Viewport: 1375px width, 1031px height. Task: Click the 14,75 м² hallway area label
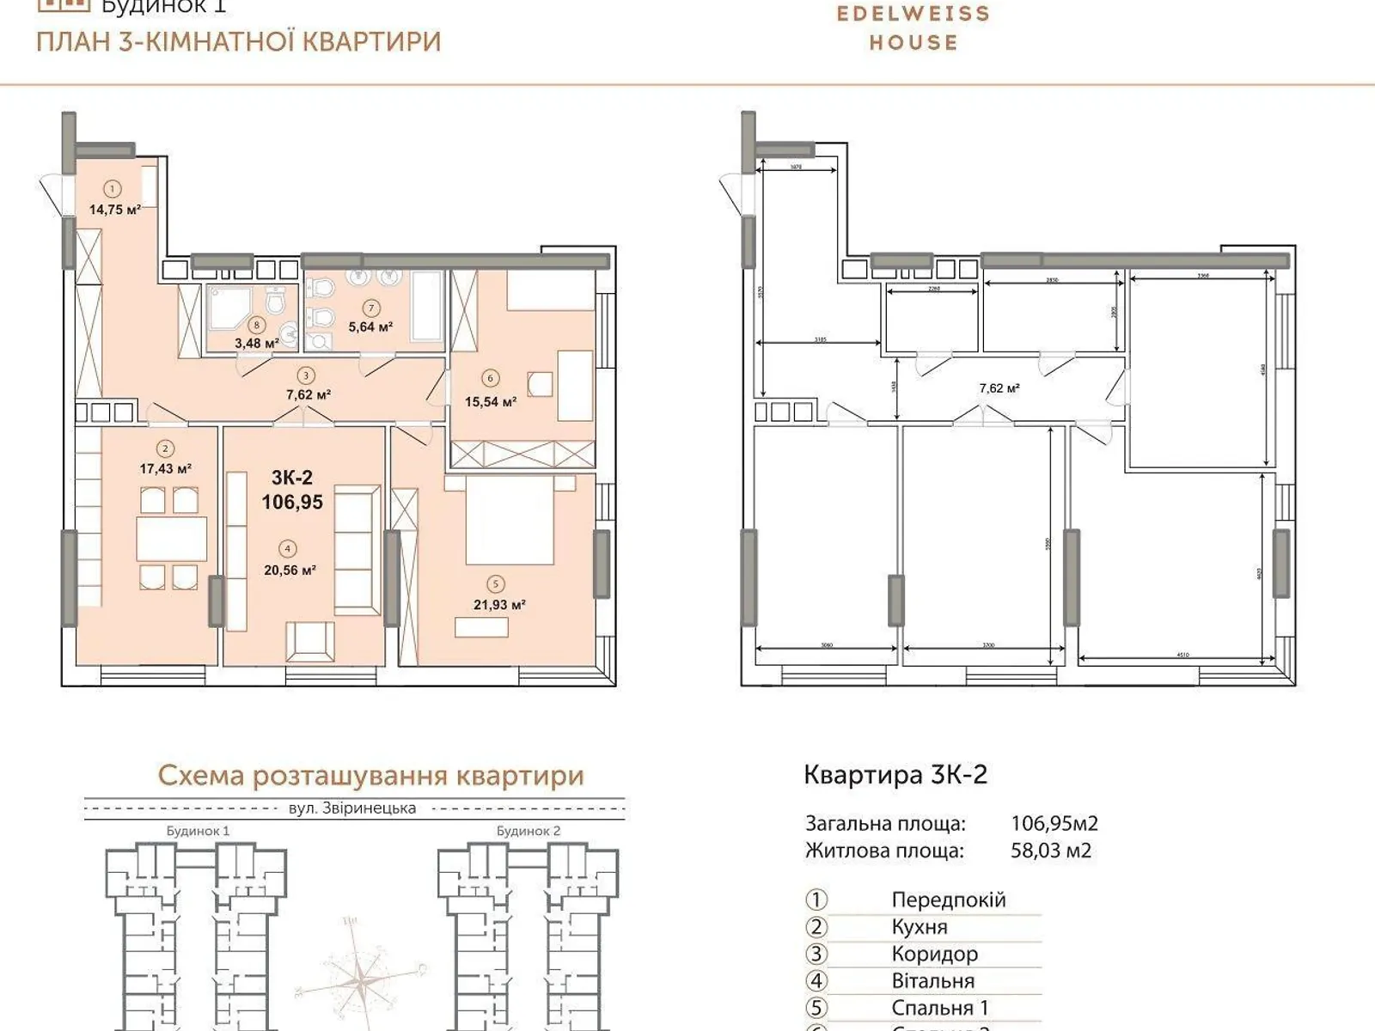coord(114,209)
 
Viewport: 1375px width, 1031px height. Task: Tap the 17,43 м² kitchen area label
coord(165,468)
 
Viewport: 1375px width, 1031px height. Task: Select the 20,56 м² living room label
coord(290,569)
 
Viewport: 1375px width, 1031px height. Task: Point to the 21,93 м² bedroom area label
coord(499,604)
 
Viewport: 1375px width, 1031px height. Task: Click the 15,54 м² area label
coord(490,401)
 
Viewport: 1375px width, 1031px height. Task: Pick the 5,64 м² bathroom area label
coord(370,326)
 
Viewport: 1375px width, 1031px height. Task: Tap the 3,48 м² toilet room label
coord(256,343)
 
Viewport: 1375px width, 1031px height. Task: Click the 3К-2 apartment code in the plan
coord(292,479)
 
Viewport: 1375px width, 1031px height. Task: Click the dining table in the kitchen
coord(171,539)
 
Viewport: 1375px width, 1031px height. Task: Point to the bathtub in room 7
coord(427,306)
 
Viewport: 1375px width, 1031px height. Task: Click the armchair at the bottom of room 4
coord(310,641)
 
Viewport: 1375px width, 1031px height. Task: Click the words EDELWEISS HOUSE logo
coord(913,27)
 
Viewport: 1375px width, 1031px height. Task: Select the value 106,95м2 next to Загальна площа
coord(1054,823)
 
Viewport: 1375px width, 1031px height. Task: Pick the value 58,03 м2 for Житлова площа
coord(1051,851)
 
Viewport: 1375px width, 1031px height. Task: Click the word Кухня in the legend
coord(920,927)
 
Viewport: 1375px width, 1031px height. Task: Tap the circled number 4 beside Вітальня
coord(816,981)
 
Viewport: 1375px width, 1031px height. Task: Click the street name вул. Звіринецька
coord(352,808)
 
